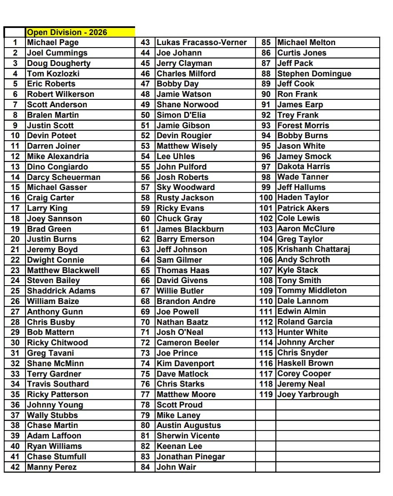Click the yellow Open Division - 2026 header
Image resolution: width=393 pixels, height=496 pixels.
pyautogui.click(x=67, y=32)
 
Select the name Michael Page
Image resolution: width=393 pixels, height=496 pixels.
pyautogui.click(x=53, y=43)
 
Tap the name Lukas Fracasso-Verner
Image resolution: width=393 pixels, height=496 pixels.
pyautogui.click(x=202, y=43)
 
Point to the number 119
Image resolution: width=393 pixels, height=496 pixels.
pyautogui.click(x=266, y=395)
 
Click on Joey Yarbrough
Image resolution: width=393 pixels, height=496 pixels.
pyautogui.click(x=308, y=395)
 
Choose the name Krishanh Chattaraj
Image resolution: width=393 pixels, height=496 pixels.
pyautogui.click(x=313, y=249)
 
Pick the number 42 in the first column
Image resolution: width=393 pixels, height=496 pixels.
pyautogui.click(x=15, y=467)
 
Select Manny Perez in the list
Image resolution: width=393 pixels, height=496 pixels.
pyautogui.click(x=52, y=467)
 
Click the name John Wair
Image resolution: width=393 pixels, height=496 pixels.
pyautogui.click(x=176, y=467)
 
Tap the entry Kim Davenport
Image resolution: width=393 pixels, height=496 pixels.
pyautogui.click(x=185, y=363)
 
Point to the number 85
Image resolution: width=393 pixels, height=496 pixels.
pyautogui.click(x=266, y=43)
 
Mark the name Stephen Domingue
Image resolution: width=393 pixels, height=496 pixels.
pyautogui.click(x=314, y=73)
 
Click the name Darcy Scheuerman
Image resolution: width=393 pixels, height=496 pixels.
pyautogui.click(x=64, y=177)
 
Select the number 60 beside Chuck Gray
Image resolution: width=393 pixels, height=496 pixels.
pyautogui.click(x=145, y=218)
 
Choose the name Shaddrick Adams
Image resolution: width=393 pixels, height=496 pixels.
pyautogui.click(x=61, y=291)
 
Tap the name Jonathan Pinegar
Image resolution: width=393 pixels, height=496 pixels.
pyautogui.click(x=190, y=456)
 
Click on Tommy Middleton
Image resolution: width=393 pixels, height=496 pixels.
pyautogui.click(x=312, y=291)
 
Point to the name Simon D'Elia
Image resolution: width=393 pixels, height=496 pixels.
pyautogui.click(x=181, y=115)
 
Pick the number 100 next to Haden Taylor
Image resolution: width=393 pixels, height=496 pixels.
pyautogui.click(x=266, y=197)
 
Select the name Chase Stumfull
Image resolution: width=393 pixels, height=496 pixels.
pyautogui.click(x=57, y=456)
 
